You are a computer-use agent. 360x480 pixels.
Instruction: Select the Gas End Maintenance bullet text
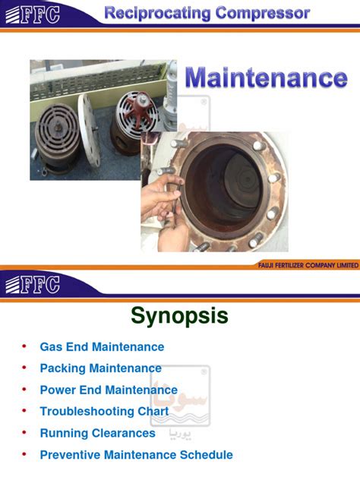102,347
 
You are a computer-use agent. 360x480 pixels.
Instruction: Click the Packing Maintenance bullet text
100,368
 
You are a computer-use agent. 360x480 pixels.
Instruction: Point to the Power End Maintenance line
109,390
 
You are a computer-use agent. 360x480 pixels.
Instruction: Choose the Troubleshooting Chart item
103,412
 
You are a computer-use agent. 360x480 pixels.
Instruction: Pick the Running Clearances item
97,434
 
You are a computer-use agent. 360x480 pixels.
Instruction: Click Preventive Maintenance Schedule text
136,455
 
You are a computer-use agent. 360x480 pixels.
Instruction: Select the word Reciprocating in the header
148,13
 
